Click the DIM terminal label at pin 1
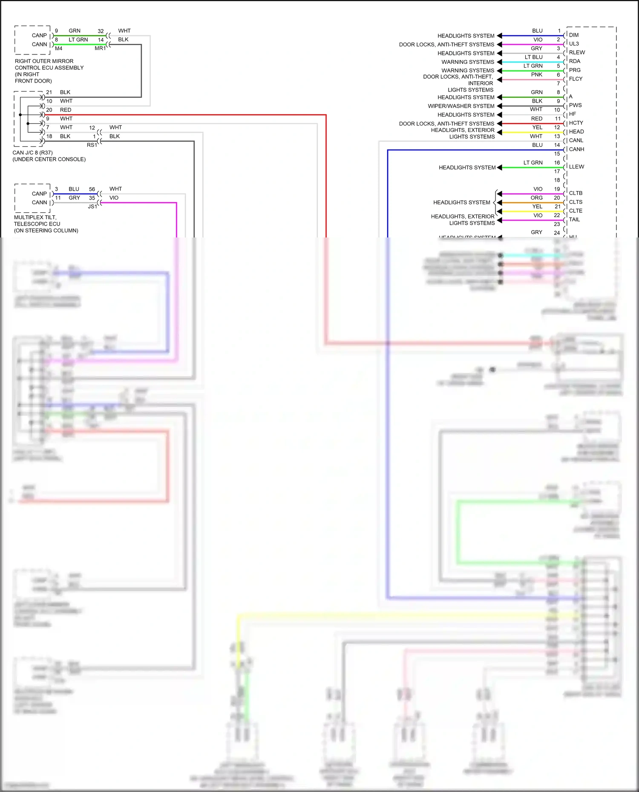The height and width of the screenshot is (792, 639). (573, 35)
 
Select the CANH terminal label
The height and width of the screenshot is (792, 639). (576, 149)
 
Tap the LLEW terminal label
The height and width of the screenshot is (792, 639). (576, 167)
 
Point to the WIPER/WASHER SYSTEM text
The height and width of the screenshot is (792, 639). (461, 106)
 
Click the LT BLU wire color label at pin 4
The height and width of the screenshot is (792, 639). (533, 57)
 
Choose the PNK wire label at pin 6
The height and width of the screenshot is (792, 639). (536, 74)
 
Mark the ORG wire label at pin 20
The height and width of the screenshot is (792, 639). (536, 198)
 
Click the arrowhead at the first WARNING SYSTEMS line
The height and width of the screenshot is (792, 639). (499, 62)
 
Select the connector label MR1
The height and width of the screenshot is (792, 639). (100, 49)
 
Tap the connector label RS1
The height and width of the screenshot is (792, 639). (92, 145)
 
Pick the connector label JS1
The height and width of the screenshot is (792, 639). (92, 206)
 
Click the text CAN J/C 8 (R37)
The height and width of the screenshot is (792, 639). (33, 153)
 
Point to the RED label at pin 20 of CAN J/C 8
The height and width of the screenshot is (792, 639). (66, 110)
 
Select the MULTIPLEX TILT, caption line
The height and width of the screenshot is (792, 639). (35, 217)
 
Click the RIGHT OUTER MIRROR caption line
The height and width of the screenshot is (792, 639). (44, 61)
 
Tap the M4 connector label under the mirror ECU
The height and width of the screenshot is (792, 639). (58, 49)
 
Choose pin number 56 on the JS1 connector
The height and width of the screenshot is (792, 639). (92, 189)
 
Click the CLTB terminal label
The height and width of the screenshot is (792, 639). (576, 193)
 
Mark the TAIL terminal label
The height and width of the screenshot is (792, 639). (574, 220)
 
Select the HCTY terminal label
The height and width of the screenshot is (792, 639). (576, 123)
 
